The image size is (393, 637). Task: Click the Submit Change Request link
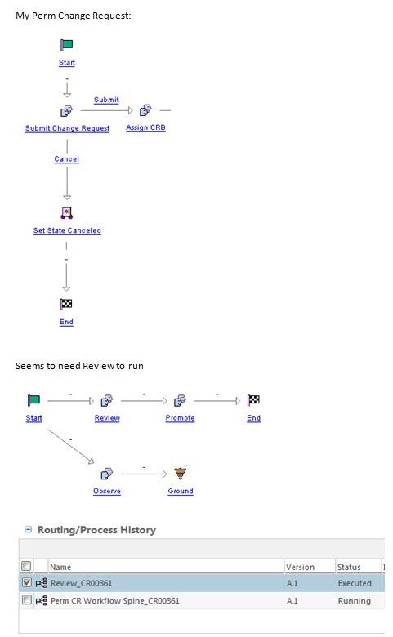[x=67, y=128]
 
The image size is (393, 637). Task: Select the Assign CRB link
[x=145, y=128]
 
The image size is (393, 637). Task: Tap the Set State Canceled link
[x=67, y=231]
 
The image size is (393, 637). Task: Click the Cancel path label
[x=67, y=159]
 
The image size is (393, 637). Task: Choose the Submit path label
[x=106, y=100]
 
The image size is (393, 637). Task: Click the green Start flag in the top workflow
[x=67, y=45]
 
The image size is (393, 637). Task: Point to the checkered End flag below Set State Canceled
[x=67, y=305]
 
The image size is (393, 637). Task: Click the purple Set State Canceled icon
[x=67, y=213]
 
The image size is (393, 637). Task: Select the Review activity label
[x=107, y=418]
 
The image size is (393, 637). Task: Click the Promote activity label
[x=181, y=418]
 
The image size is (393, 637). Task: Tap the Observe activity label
[x=107, y=491]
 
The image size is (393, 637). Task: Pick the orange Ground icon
[x=181, y=474]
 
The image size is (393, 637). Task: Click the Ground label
[x=181, y=491]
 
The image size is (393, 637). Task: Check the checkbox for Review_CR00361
[x=27, y=583]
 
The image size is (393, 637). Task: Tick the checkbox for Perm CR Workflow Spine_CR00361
[x=27, y=600]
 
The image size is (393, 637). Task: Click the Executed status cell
[x=354, y=583]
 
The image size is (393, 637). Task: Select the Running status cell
[x=354, y=600]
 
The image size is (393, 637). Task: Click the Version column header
[x=300, y=567]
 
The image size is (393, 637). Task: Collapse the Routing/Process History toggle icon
[x=29, y=530]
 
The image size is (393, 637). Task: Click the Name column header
[x=60, y=567]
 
